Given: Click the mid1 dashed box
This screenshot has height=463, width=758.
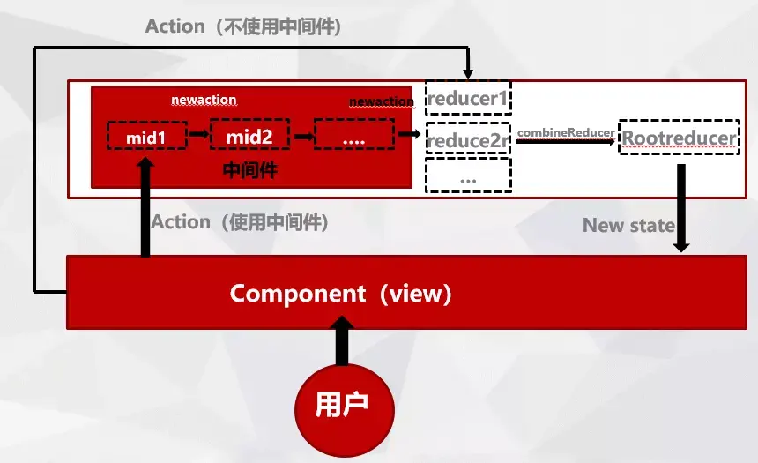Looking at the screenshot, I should pyautogui.click(x=147, y=136).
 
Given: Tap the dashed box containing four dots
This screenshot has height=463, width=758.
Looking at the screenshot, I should pyautogui.click(x=353, y=136).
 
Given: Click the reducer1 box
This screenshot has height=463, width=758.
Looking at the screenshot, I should pyautogui.click(x=468, y=99).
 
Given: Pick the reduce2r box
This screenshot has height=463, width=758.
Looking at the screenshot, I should pyautogui.click(x=468, y=138).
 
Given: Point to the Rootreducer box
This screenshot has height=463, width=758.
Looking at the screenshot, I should pyautogui.click(x=678, y=138).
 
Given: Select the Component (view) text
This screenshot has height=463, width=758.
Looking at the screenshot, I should pyautogui.click(x=341, y=294).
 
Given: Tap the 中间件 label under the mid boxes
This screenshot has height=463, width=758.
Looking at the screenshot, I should pyautogui.click(x=250, y=170).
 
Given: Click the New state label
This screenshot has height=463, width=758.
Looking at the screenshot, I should pyautogui.click(x=628, y=225).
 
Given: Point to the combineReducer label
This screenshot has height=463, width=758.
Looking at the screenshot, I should pyautogui.click(x=565, y=132).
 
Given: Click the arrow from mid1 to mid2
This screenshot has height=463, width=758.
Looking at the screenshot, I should pyautogui.click(x=198, y=136).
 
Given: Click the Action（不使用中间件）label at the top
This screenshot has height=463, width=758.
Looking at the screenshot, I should pyautogui.click(x=243, y=26).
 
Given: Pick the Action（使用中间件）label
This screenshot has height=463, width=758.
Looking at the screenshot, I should pyautogui.click(x=240, y=222).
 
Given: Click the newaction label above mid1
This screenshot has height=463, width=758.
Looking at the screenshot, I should pyautogui.click(x=204, y=100).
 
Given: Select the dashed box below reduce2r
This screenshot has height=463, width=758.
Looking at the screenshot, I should pyautogui.click(x=468, y=175).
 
